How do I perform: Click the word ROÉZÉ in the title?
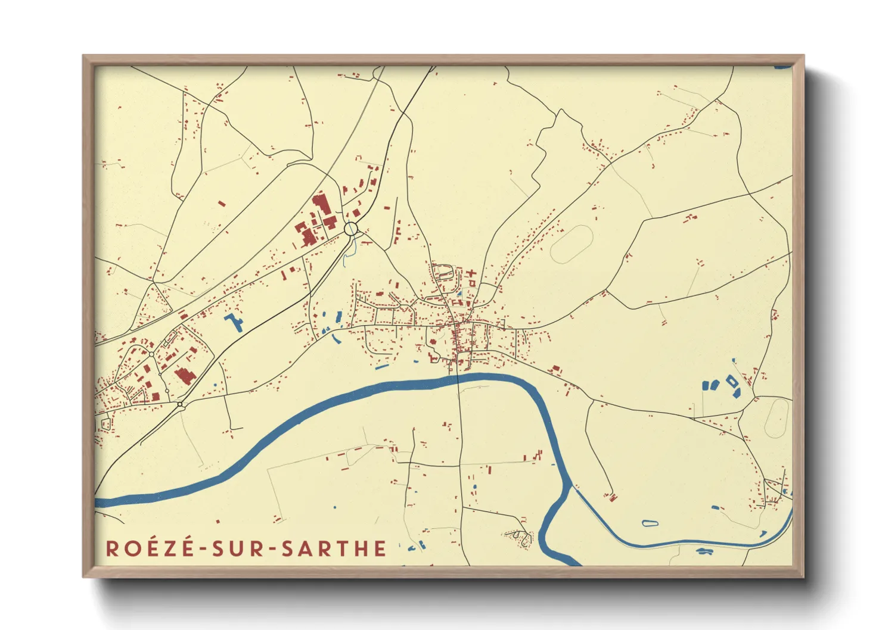pos(150,548)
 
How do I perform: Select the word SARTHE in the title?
pos(334,548)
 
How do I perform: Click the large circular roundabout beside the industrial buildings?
pos(350,228)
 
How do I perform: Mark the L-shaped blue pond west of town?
pos(234,322)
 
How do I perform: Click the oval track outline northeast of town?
pos(572,244)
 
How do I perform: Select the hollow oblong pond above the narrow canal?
pos(650,523)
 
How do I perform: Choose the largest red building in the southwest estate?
pos(185,376)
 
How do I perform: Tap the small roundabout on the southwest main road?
pos(180,405)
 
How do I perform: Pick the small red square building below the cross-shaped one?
pos(472,285)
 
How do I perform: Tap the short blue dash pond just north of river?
pos(382,367)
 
